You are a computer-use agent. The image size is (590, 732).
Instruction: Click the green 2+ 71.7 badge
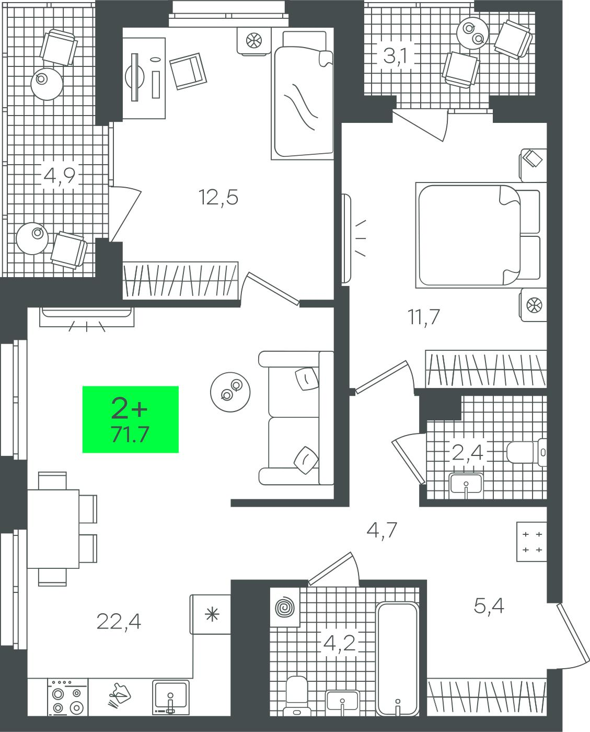pyautogui.click(x=131, y=419)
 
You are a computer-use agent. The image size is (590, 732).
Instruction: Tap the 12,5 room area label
pyautogui.click(x=218, y=197)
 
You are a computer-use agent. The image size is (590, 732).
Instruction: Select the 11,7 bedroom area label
pyautogui.click(x=424, y=316)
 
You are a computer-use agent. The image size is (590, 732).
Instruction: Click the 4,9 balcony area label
pyautogui.click(x=60, y=176)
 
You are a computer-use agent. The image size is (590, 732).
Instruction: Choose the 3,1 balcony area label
pyautogui.click(x=395, y=56)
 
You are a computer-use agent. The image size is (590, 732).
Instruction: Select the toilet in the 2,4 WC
pyautogui.click(x=526, y=452)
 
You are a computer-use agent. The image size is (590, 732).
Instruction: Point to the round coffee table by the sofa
pyautogui.click(x=230, y=392)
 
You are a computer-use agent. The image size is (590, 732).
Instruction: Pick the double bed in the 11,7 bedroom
pyautogui.click(x=478, y=235)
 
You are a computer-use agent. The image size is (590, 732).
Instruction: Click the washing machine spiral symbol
pyautogui.click(x=285, y=608)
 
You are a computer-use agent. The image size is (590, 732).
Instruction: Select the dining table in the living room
pyautogui.click(x=53, y=529)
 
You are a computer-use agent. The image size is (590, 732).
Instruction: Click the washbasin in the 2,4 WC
pyautogui.click(x=466, y=483)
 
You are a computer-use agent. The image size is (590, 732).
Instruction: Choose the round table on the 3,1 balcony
pyautogui.click(x=473, y=33)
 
